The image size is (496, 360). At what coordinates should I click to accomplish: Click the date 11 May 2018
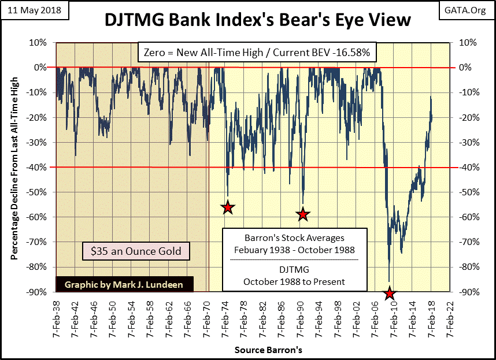34,10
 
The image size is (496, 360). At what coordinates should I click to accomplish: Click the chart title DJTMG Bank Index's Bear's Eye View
257,20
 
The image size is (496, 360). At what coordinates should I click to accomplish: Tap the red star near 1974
228,207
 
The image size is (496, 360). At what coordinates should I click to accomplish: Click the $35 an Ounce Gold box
136,251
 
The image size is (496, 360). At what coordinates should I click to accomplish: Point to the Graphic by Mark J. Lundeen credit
125,285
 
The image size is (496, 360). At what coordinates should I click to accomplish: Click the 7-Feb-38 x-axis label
56,319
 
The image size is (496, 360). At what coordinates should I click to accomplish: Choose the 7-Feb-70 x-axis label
206,319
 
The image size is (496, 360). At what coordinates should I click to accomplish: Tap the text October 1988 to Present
294,281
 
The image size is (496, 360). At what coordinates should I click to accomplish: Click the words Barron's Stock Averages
294,237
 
